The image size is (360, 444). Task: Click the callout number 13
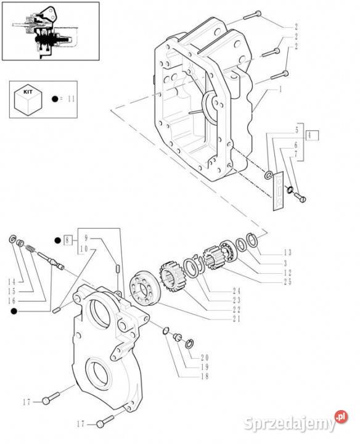click(287, 252)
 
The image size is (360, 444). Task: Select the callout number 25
click(287, 282)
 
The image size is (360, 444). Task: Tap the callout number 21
click(237, 319)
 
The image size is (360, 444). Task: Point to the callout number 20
click(205, 357)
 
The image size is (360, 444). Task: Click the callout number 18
click(205, 376)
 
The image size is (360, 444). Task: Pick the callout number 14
click(12, 282)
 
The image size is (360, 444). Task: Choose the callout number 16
click(12, 301)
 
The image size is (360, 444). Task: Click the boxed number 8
click(67, 240)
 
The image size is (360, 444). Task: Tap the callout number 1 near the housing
click(280, 90)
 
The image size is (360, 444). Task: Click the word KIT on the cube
click(28, 92)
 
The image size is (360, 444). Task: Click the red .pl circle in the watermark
click(341, 417)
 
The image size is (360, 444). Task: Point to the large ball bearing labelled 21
click(145, 288)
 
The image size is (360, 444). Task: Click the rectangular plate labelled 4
click(278, 191)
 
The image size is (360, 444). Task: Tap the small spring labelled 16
click(30, 249)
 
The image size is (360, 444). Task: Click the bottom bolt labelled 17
click(105, 421)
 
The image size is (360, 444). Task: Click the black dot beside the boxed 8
click(58, 240)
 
